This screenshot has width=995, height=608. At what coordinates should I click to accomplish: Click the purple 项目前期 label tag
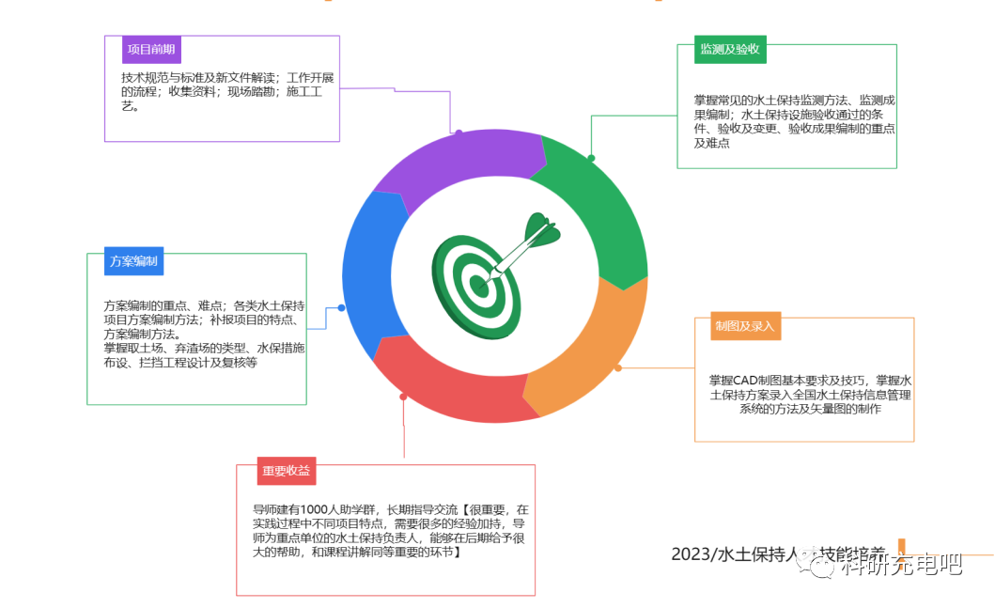coord(151,50)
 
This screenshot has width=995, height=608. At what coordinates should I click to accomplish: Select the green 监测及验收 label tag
coord(730,50)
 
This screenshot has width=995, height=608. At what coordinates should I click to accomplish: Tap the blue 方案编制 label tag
coord(133,261)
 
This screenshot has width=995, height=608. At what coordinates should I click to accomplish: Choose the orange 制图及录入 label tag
coord(745,326)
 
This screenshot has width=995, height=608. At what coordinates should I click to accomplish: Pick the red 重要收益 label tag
coord(288,471)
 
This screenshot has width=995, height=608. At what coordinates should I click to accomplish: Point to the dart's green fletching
coord(540,230)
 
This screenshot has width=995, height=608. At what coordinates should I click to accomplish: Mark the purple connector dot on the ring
coord(459,133)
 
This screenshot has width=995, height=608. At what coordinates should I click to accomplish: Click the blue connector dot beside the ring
coord(341,308)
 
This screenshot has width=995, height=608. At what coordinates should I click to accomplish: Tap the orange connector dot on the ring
coord(617,368)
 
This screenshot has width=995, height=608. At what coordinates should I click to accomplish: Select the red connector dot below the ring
coord(403,397)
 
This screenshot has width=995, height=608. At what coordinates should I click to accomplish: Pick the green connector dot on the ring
coord(591,157)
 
